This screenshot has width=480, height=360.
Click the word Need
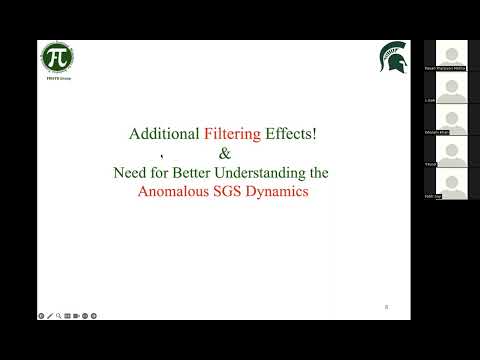click(x=130, y=172)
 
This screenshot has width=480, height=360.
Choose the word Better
click(x=201, y=172)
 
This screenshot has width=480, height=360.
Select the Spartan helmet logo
click(x=393, y=58)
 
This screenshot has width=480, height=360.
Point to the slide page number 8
click(x=387, y=306)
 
